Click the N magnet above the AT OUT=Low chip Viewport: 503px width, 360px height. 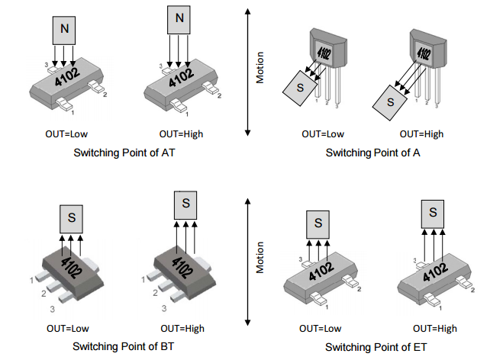65,31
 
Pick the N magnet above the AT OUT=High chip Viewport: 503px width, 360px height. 179,17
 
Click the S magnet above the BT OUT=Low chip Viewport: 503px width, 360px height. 70,217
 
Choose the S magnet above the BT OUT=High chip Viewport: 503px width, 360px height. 185,204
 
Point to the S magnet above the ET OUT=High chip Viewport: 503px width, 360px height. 433,211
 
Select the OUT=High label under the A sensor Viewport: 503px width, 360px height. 421,134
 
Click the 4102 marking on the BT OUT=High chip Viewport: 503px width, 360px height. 183,265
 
